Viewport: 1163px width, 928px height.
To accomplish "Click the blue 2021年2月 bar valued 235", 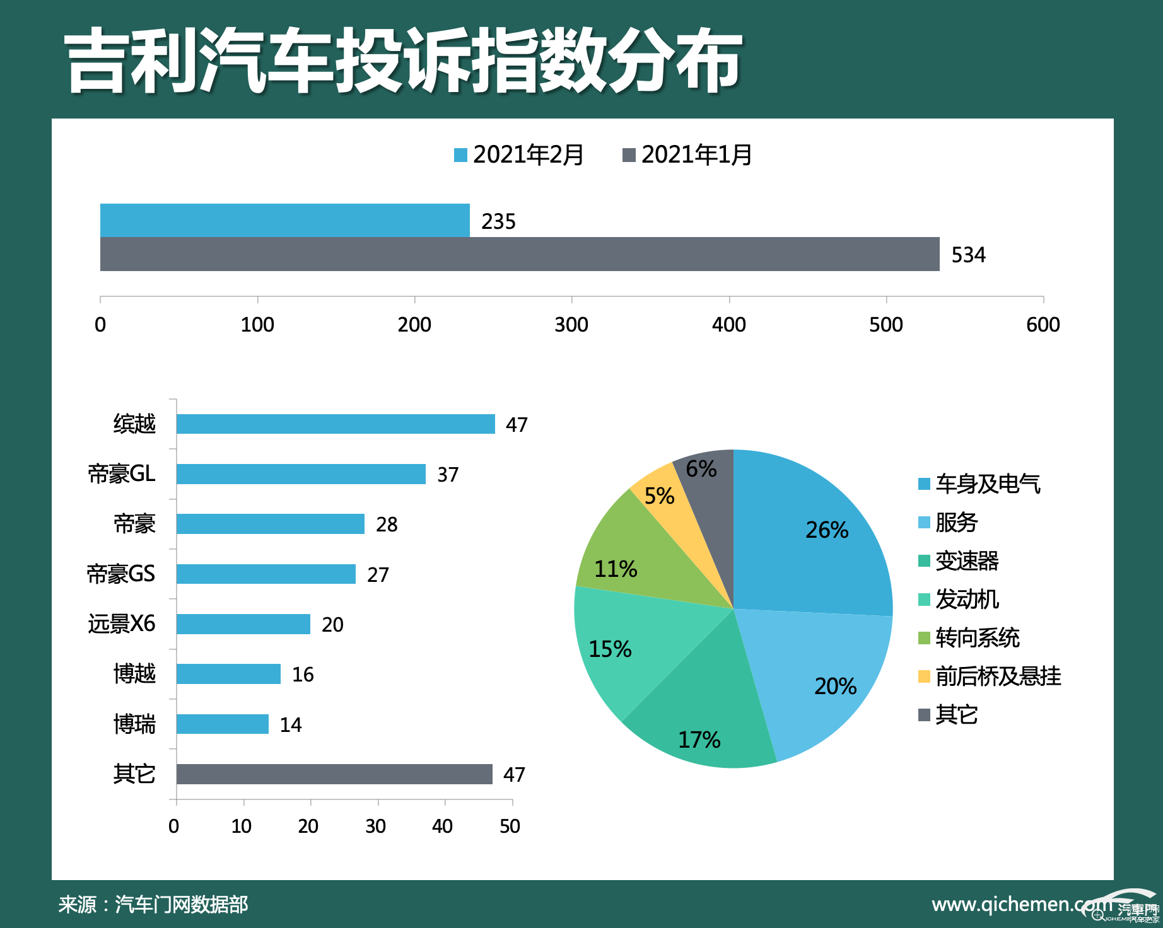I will click(x=284, y=220).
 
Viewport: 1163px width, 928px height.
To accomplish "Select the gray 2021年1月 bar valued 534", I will click(x=519, y=254).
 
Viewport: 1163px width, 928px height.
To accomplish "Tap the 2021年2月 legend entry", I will click(x=519, y=154).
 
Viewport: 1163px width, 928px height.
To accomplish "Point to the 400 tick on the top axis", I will click(x=728, y=325).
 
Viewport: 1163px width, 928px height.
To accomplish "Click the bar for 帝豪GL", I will click(x=301, y=474).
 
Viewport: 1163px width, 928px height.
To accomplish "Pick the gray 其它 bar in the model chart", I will click(x=334, y=774).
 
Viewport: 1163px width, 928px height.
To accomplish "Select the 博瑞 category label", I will click(x=134, y=724).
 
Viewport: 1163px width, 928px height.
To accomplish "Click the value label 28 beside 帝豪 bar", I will click(x=387, y=525).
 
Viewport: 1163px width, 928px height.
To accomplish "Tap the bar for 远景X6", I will click(x=243, y=624).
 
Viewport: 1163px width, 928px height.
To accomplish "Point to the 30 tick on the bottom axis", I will click(x=375, y=826).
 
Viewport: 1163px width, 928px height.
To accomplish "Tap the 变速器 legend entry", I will click(x=959, y=561).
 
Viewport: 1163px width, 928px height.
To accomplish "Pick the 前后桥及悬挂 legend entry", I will click(x=990, y=676).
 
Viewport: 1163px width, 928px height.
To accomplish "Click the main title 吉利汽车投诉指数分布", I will click(x=404, y=61).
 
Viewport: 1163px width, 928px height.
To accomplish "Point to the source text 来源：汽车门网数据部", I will click(x=153, y=905).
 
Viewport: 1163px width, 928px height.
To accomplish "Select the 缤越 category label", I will click(x=134, y=424).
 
